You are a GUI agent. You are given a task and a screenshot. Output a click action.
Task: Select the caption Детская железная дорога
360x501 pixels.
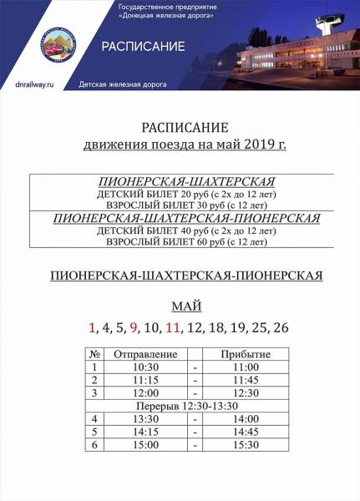click(123, 85)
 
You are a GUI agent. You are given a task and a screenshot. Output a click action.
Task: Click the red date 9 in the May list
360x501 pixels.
click(133, 327)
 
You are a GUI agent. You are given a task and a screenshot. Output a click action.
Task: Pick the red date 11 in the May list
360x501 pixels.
click(173, 327)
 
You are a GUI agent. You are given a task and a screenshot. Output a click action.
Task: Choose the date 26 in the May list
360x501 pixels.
click(280, 327)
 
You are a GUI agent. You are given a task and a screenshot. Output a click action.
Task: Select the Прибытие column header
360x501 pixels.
click(245, 354)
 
